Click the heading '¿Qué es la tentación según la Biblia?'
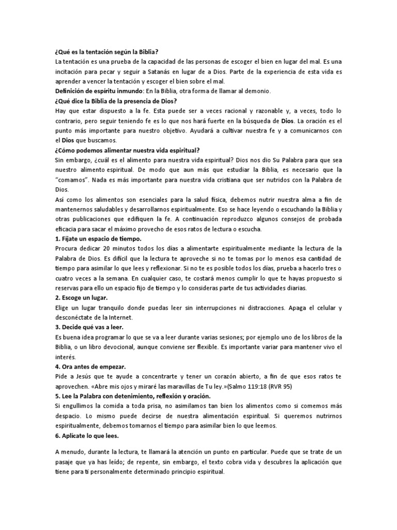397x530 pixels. click(106, 52)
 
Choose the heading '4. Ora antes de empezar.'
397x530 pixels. click(89, 366)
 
